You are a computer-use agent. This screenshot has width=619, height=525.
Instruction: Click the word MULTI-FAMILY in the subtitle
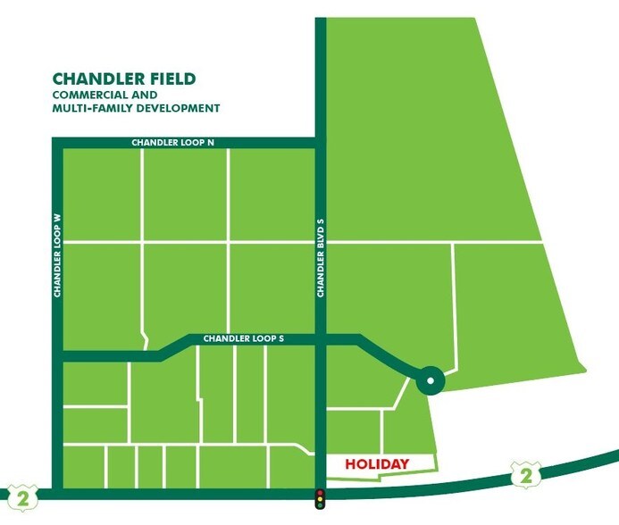tap(90, 108)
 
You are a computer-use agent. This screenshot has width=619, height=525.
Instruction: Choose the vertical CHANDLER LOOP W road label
tap(56, 254)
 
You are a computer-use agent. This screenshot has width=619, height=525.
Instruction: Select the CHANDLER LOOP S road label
tap(243, 339)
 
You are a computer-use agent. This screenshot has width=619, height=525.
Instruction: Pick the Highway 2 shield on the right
tap(526, 475)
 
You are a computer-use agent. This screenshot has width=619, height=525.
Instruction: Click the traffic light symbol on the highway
tap(320, 499)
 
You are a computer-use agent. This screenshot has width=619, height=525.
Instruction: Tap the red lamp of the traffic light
tap(320, 493)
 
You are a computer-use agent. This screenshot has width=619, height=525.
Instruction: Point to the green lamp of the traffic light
tap(320, 506)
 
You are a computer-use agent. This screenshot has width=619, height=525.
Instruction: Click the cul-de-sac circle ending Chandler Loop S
tap(430, 381)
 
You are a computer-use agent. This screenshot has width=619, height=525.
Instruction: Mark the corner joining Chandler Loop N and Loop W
tap(57, 143)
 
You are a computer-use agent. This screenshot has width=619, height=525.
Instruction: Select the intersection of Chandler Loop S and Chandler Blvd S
tap(320, 339)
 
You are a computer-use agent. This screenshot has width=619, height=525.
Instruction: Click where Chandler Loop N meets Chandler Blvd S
tap(320, 143)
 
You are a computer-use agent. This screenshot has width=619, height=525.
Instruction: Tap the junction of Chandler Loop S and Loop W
tap(57, 356)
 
